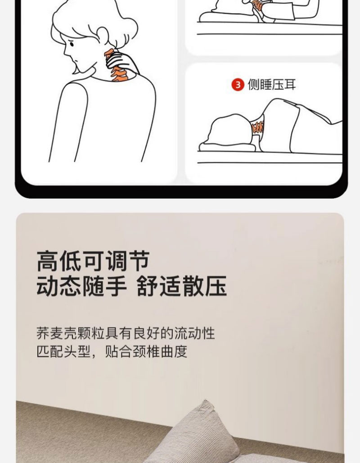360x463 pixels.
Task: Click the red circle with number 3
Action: click(x=238, y=85)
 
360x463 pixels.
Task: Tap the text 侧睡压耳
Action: click(x=271, y=85)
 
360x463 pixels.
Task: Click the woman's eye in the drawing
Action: click(x=72, y=44)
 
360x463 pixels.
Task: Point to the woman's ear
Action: click(x=103, y=34)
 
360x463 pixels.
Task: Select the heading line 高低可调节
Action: click(x=93, y=261)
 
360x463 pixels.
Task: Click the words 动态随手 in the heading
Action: click(x=82, y=286)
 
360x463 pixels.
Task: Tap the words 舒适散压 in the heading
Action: click(x=182, y=286)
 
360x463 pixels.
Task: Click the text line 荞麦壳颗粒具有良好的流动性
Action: click(x=126, y=333)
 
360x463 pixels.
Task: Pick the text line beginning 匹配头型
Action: click(x=112, y=351)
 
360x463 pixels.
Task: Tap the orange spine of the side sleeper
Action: click(x=257, y=127)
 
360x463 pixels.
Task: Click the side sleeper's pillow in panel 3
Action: click(x=227, y=147)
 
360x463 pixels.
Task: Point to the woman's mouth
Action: click(x=77, y=61)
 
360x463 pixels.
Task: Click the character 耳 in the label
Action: click(x=290, y=85)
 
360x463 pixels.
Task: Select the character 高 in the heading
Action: click(x=48, y=261)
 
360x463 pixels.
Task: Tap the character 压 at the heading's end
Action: click(x=216, y=286)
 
